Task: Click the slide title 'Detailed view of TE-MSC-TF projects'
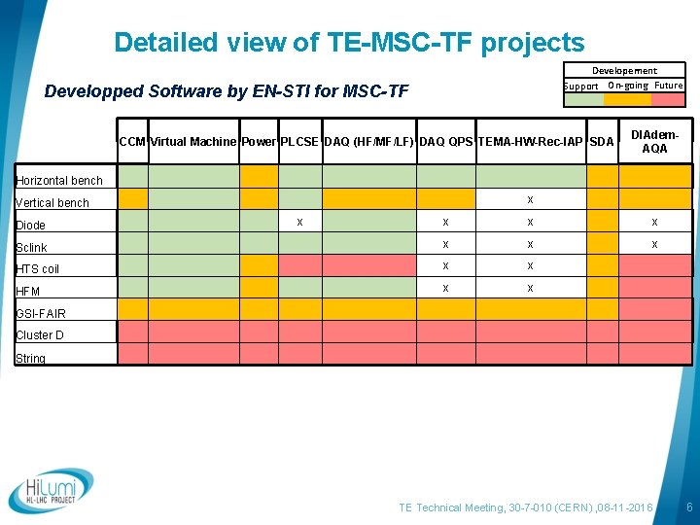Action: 349,43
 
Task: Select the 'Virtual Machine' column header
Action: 192,142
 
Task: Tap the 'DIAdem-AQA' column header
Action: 654,142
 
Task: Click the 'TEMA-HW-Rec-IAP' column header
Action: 531,142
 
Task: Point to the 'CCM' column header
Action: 132,142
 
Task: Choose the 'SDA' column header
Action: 602,142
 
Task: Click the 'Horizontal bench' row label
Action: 59,181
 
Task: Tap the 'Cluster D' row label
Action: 40,336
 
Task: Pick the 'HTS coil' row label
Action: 38,269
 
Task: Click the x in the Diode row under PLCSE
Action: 299,222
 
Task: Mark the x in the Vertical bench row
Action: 530,199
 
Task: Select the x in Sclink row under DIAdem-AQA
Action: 654,244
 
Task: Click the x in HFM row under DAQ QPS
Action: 445,288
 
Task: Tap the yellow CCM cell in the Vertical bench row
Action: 133,198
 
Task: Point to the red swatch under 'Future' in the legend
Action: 668,98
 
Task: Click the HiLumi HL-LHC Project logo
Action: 52,491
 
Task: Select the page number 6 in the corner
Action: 688,508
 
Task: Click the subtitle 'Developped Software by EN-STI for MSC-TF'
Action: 227,92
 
